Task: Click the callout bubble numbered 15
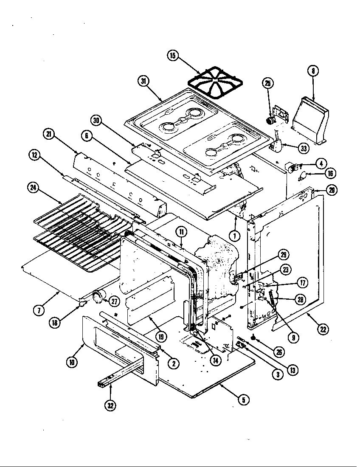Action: [x=173, y=56]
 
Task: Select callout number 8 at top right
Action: [x=312, y=71]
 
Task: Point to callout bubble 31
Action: [x=143, y=81]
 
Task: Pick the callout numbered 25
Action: [x=268, y=83]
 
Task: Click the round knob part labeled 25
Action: [x=269, y=121]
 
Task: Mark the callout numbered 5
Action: [x=243, y=399]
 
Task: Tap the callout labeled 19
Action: [x=161, y=337]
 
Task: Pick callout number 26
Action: [x=279, y=352]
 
